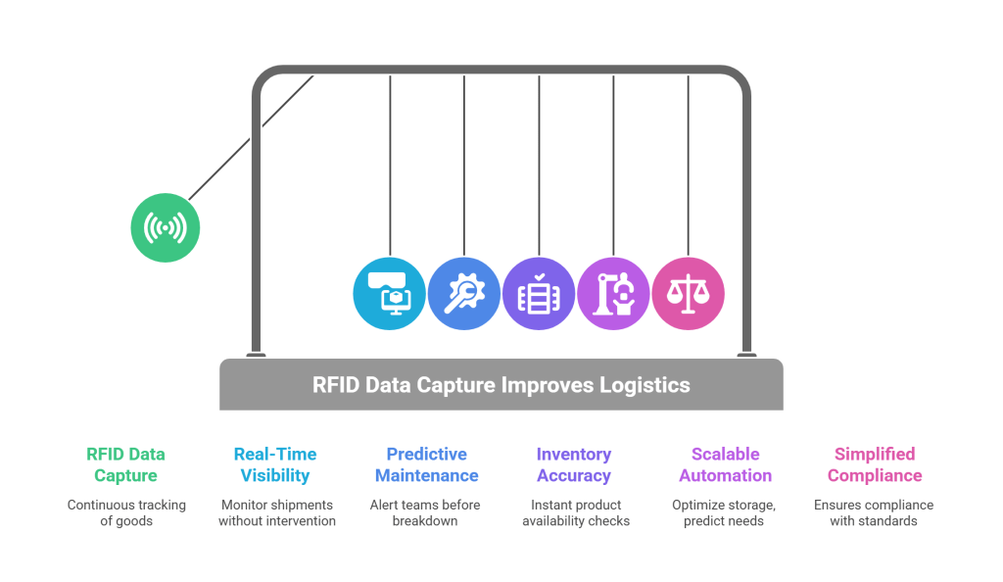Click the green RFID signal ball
pos(165,227)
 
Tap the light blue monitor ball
pos(390,293)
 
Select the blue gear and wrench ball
pos(464,293)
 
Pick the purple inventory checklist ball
pos(539,293)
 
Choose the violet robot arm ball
pos(613,293)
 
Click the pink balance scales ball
pos(688,293)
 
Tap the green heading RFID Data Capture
pos(125,464)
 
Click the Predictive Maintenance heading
pos(426,464)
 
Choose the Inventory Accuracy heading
pos(573,464)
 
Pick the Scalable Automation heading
pos(725,464)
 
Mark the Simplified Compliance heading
pos(874,464)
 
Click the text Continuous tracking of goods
pos(125,512)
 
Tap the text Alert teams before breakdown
pos(426,512)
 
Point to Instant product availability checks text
pos(575,512)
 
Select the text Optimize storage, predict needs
pos(725,512)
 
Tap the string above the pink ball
pos(688,167)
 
